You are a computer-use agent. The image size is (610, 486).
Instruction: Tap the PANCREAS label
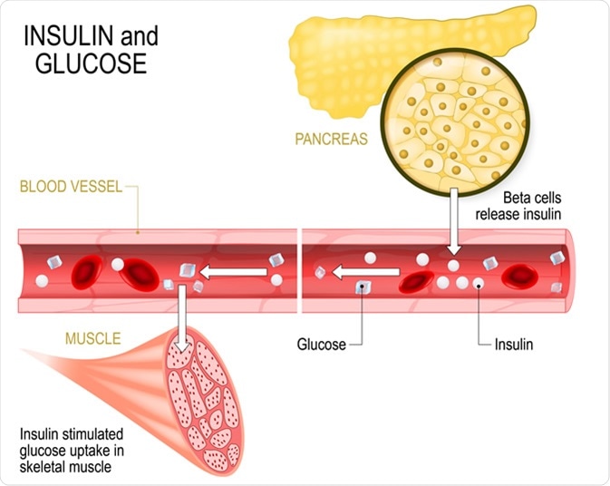click(331, 140)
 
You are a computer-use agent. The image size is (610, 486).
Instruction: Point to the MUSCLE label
click(92, 339)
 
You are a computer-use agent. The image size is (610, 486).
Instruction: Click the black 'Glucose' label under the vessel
click(322, 345)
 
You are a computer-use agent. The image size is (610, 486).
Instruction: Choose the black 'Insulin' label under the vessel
click(513, 345)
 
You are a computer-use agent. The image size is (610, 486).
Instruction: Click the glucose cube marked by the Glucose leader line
click(363, 287)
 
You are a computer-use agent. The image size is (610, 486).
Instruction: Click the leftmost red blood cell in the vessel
click(87, 270)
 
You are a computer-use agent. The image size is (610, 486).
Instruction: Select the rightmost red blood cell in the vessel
click(524, 275)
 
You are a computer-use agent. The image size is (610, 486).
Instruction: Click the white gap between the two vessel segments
click(299, 270)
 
